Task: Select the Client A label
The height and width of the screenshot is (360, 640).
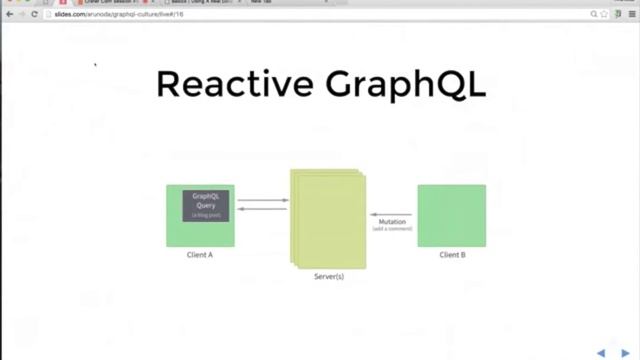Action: (x=200, y=255)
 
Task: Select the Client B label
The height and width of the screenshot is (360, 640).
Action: (x=452, y=255)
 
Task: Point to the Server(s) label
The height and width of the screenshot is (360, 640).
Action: (x=329, y=276)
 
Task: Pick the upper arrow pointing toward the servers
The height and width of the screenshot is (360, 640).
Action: (x=263, y=201)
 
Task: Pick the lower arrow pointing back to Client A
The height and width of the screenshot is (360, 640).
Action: (x=263, y=209)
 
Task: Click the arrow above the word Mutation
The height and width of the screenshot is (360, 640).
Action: (x=391, y=214)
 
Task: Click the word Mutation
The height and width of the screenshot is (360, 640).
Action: (x=392, y=222)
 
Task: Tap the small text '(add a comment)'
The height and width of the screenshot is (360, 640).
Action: (x=392, y=229)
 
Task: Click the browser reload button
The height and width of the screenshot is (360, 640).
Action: (x=35, y=14)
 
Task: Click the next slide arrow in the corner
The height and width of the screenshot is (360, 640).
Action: (x=628, y=352)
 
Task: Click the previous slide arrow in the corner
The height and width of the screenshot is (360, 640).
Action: (x=601, y=352)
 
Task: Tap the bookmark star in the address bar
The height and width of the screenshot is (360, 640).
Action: (x=606, y=14)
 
